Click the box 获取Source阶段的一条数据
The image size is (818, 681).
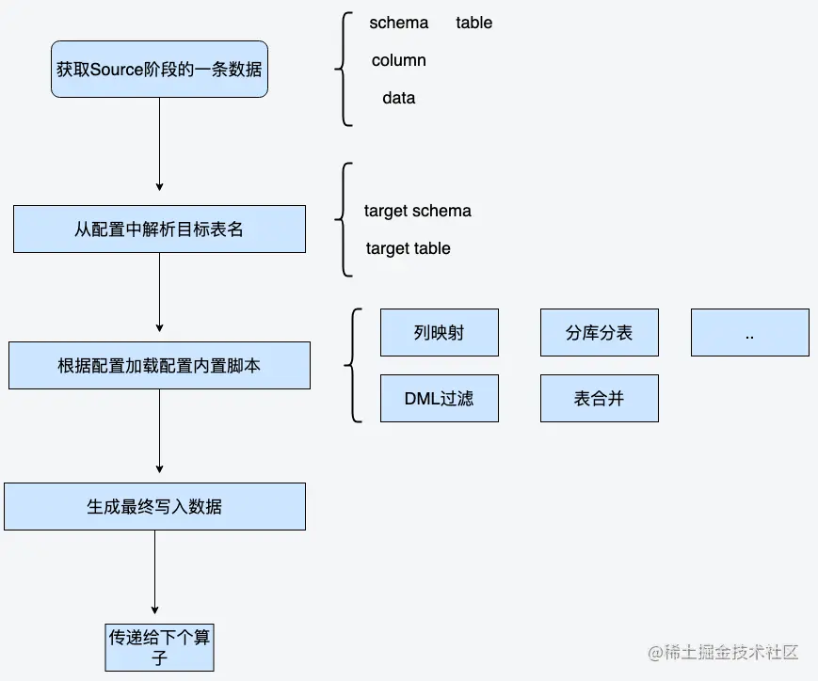coord(159,69)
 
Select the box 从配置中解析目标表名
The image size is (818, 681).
coord(159,229)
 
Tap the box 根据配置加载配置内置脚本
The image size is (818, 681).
coord(159,366)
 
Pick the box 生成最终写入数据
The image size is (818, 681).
coord(154,506)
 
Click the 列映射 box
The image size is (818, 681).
coord(439,333)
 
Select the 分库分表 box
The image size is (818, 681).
coord(599,333)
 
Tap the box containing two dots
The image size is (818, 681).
coord(749,333)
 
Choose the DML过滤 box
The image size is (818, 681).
coord(439,399)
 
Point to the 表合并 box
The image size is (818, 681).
coord(599,399)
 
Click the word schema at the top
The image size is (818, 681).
coord(398,23)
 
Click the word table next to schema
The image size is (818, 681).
coord(474,23)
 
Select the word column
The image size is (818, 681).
coord(398,60)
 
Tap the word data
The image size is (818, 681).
coord(398,98)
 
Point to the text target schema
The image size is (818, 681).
coord(417,211)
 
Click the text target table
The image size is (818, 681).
coord(408,248)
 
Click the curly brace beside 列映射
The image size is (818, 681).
coord(354,366)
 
